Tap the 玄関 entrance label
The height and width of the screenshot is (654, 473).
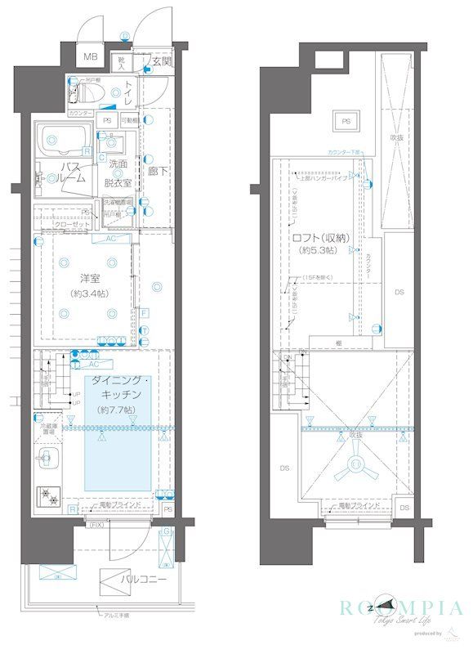[162, 61]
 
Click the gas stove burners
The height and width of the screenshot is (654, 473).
[50, 495]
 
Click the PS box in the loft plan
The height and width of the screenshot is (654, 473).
[346, 122]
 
